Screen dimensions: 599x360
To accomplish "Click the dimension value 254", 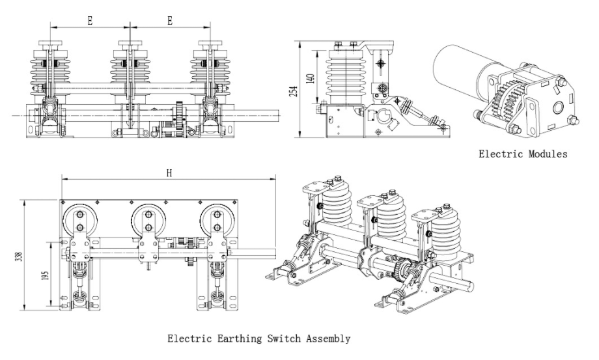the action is click(x=294, y=92).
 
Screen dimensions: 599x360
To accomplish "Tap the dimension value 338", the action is click(x=18, y=256).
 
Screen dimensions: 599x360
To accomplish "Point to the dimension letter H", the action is click(x=169, y=173).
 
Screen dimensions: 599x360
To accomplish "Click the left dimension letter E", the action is click(x=90, y=21).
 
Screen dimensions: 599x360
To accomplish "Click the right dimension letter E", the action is click(x=170, y=21).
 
